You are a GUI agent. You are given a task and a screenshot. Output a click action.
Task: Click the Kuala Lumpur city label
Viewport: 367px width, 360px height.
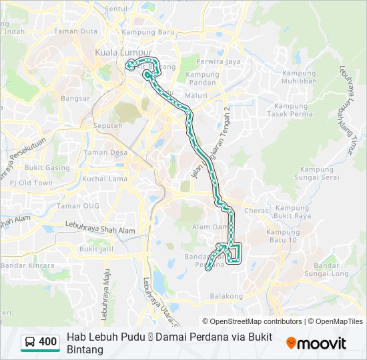click(123, 52)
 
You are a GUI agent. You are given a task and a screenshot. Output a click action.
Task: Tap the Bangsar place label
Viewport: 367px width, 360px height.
click(75, 99)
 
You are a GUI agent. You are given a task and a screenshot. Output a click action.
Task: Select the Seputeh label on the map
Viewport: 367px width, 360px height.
click(108, 125)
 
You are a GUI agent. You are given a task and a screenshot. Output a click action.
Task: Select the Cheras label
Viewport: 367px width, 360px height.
click(257, 211)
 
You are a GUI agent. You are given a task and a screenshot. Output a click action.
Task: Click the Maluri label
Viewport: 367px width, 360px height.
click(196, 95)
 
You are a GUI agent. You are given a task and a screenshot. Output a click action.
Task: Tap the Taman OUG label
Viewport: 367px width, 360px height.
click(77, 205)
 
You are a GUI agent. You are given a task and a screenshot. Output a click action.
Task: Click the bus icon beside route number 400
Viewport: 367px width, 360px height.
click(30, 343)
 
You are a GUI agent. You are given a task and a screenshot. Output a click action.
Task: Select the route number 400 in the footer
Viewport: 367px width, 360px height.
click(48, 343)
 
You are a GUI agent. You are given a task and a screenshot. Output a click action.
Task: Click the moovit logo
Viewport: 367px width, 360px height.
click(316, 343)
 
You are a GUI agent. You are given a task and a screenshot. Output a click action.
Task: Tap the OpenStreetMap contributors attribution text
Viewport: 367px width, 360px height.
click(252, 321)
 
